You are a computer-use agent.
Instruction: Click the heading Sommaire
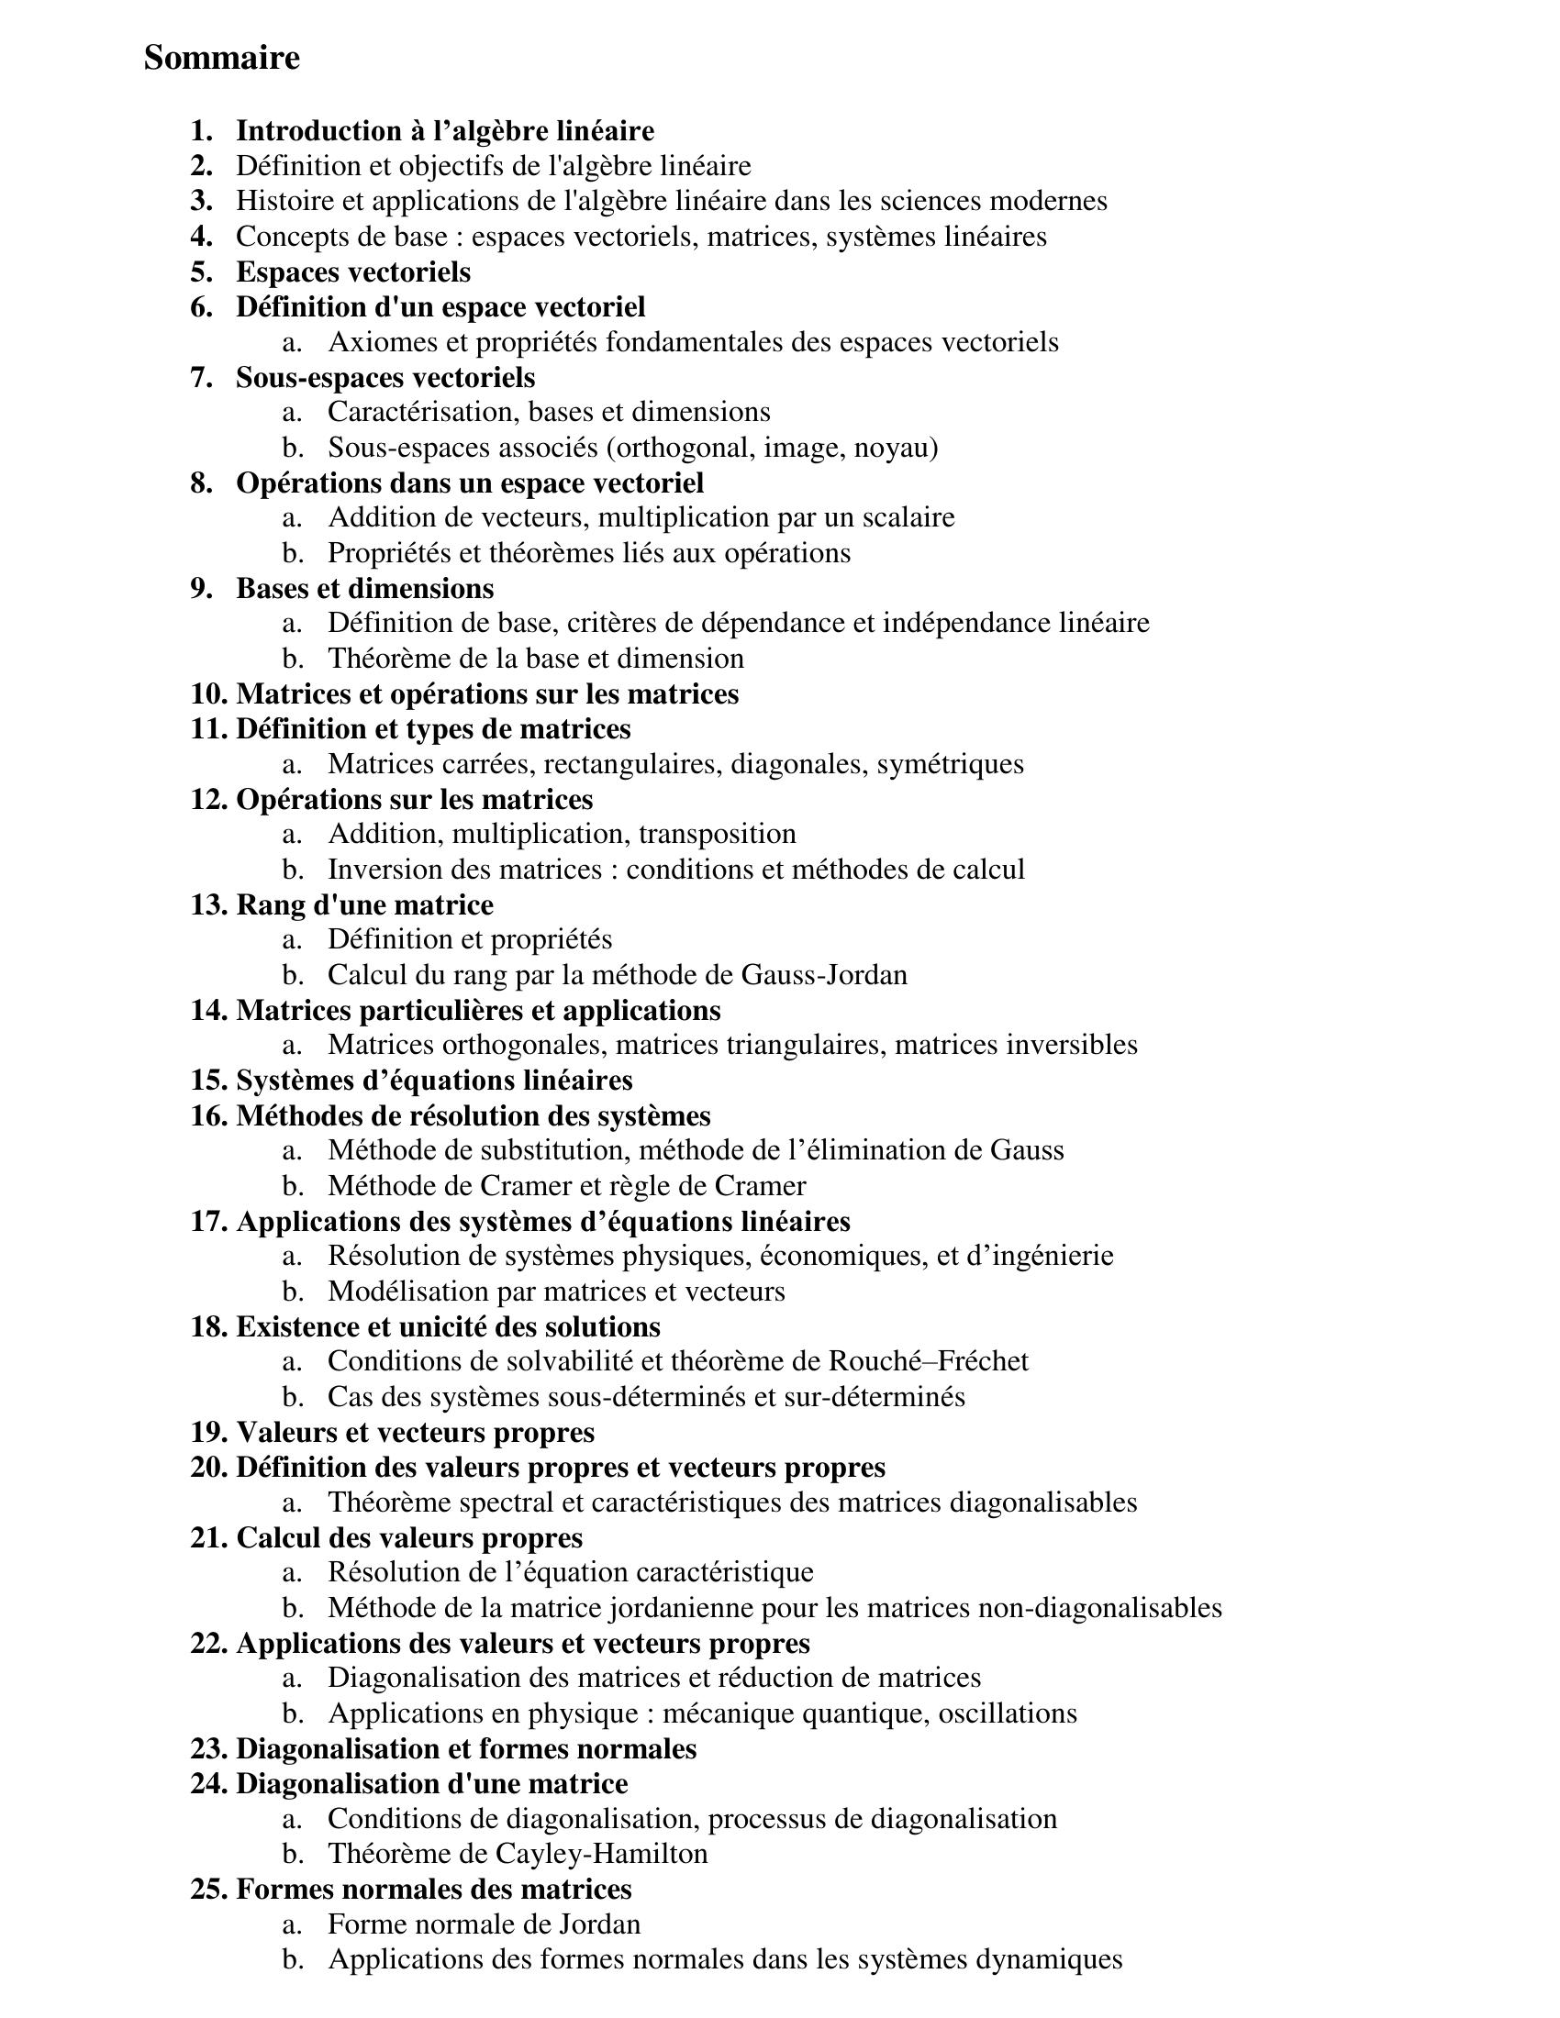pyautogui.click(x=222, y=58)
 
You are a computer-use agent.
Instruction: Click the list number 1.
pyautogui.click(x=202, y=131)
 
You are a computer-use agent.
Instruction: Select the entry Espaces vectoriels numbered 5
pyautogui.click(x=353, y=272)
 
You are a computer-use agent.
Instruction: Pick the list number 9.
pyautogui.click(x=202, y=589)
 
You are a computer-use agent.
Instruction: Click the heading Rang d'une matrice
pyautogui.click(x=365, y=904)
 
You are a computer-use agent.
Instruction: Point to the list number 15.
pyautogui.click(x=209, y=1081)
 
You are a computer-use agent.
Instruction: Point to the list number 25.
pyautogui.click(x=209, y=1889)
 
